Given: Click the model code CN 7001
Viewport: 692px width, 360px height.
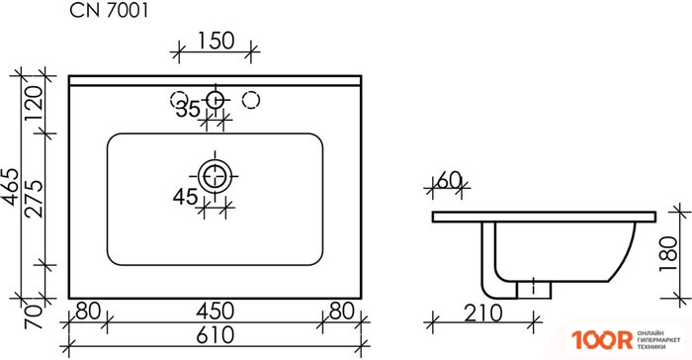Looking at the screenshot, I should tap(111, 13).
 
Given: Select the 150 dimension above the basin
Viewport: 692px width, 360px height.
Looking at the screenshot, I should tap(215, 41).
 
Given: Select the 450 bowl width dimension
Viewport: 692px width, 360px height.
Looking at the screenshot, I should tap(214, 311).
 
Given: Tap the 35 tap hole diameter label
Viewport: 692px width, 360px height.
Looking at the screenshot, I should tap(188, 110).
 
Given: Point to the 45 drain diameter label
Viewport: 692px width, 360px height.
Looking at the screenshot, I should tap(186, 197).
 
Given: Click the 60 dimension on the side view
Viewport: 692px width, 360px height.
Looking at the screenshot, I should tap(449, 180).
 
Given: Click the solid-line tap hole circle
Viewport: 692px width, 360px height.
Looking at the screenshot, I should tap(215, 99).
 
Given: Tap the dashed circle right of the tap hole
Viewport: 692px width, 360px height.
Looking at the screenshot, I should tap(251, 99).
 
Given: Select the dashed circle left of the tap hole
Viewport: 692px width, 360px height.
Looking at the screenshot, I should tap(179, 99).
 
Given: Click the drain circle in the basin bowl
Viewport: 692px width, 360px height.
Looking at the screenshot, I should tap(214, 176).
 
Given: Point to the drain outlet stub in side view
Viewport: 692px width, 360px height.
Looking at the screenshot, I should tap(535, 287).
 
